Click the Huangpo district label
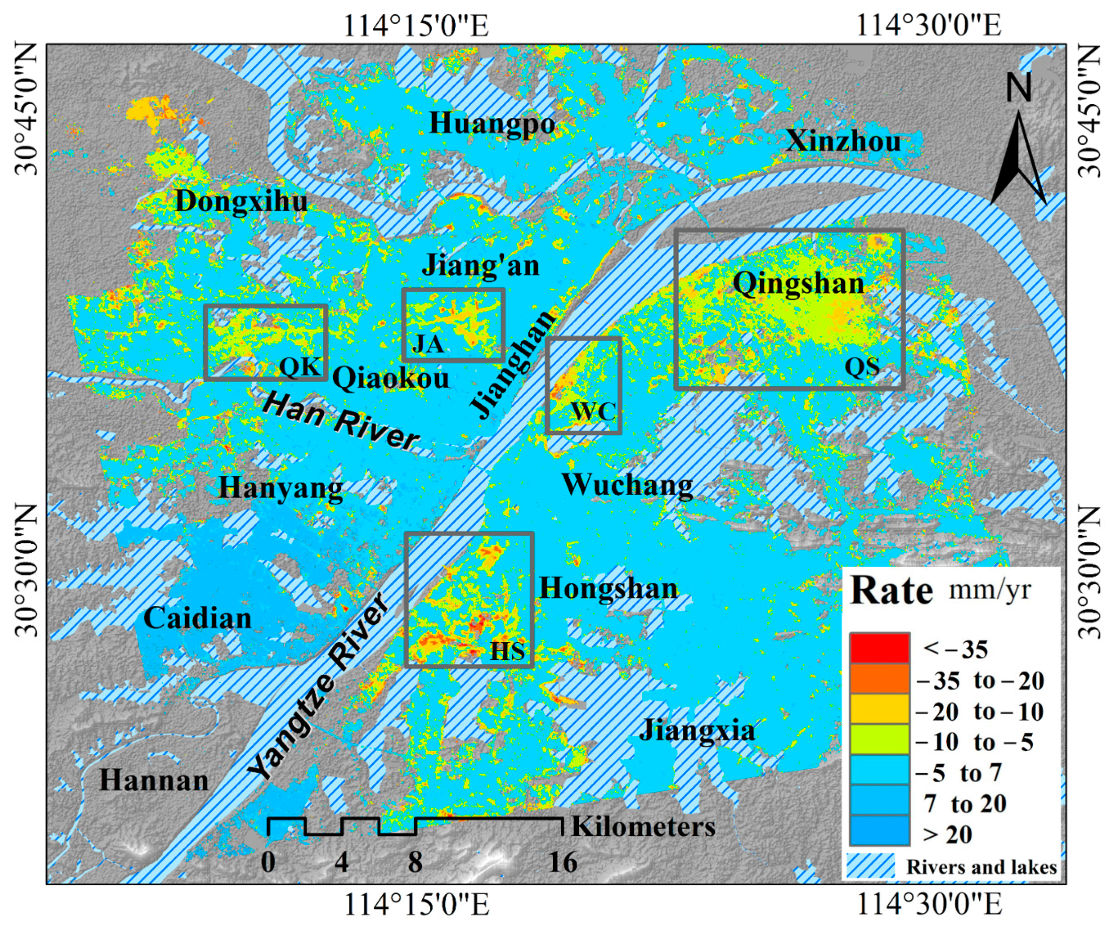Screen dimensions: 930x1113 pos(492,124)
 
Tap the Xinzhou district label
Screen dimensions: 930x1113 pos(843,141)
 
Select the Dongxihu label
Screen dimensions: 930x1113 pos(241,201)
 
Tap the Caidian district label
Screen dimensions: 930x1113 pos(197,618)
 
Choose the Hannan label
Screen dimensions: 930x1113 pos(154,780)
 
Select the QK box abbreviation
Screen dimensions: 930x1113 pos(300,367)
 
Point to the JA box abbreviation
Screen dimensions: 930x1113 pos(427,345)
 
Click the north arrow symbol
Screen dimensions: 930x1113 pos(1018,154)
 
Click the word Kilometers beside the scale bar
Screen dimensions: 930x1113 pos(643,827)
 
